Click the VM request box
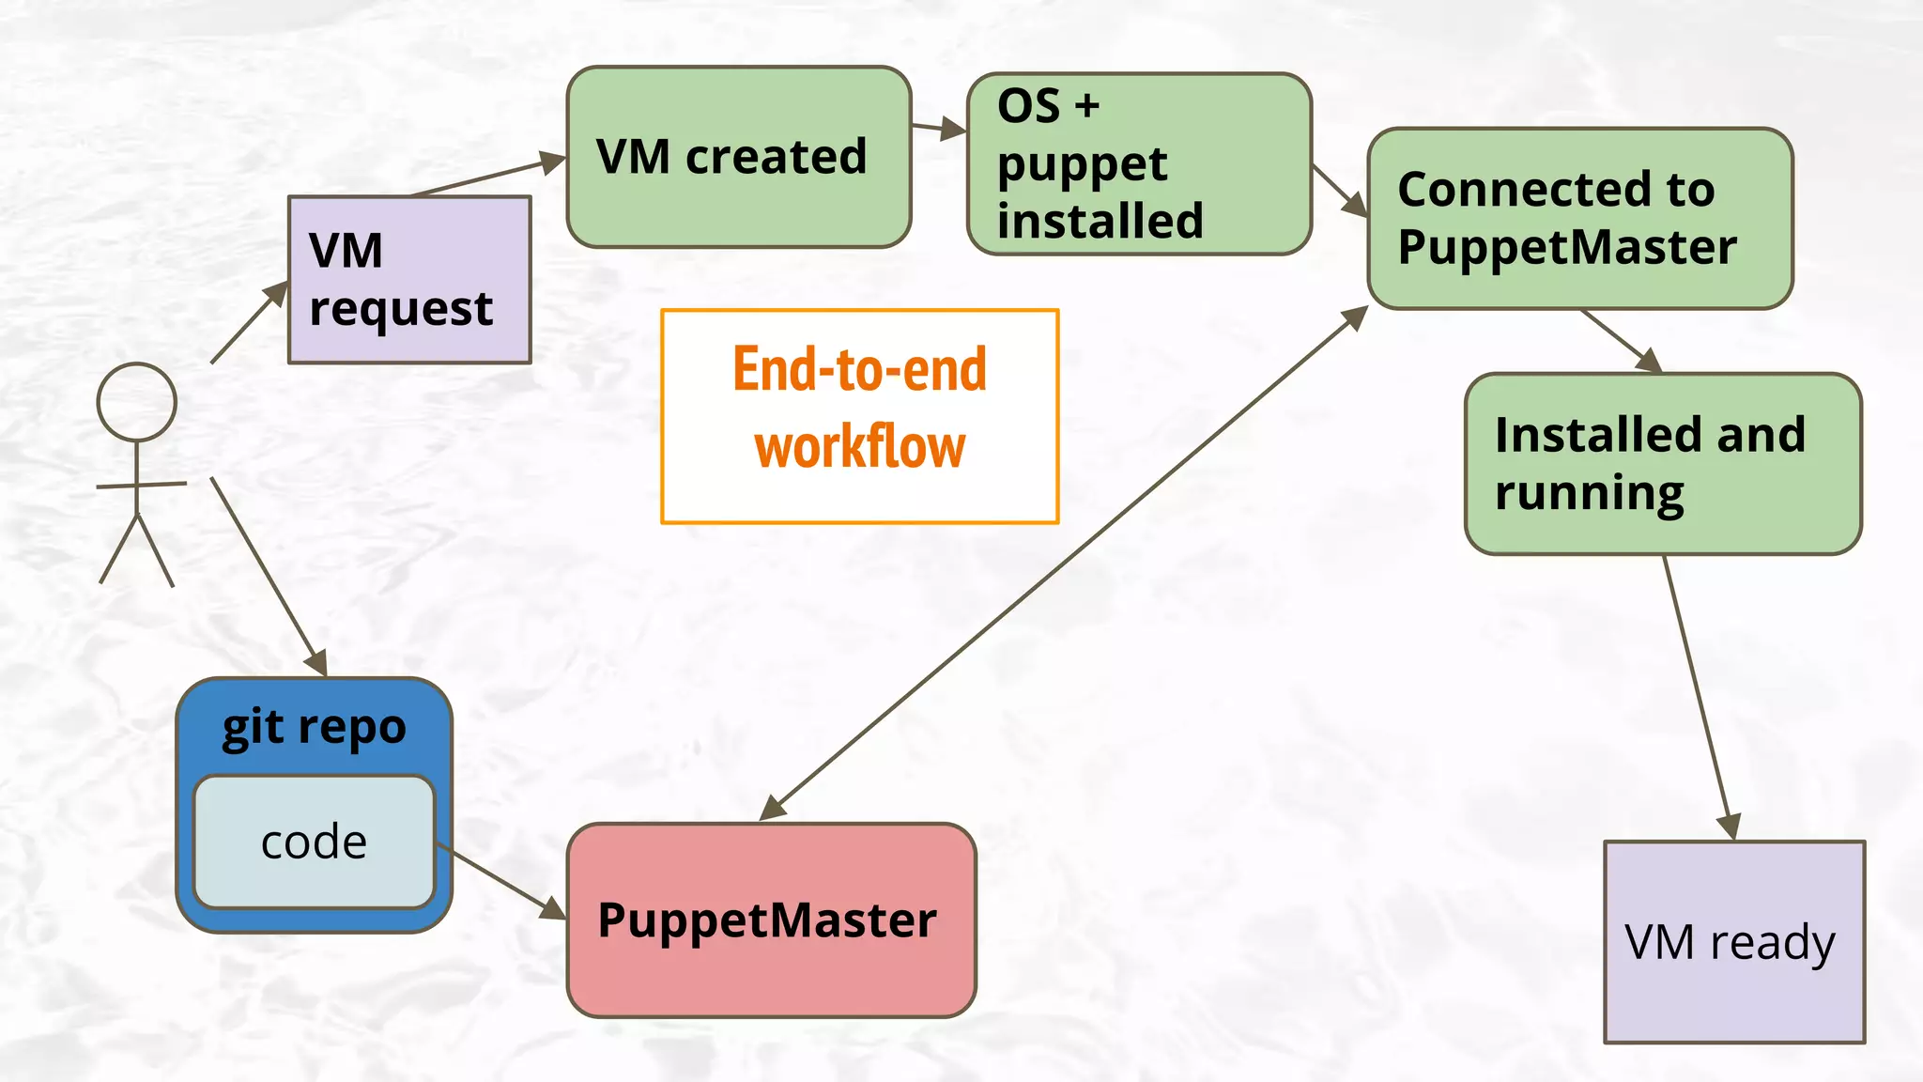click(409, 280)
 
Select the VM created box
click(739, 157)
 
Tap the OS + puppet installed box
click(1139, 163)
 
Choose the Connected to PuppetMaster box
click(1580, 218)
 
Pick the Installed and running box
click(1663, 464)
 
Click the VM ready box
click(1734, 942)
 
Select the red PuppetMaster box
click(771, 920)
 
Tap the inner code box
click(314, 842)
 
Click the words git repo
click(314, 727)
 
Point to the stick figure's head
click(137, 402)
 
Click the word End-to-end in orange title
click(859, 369)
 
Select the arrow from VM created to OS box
click(937, 127)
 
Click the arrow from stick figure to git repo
click(268, 574)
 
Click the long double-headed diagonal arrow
click(1064, 563)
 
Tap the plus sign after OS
click(1086, 106)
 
